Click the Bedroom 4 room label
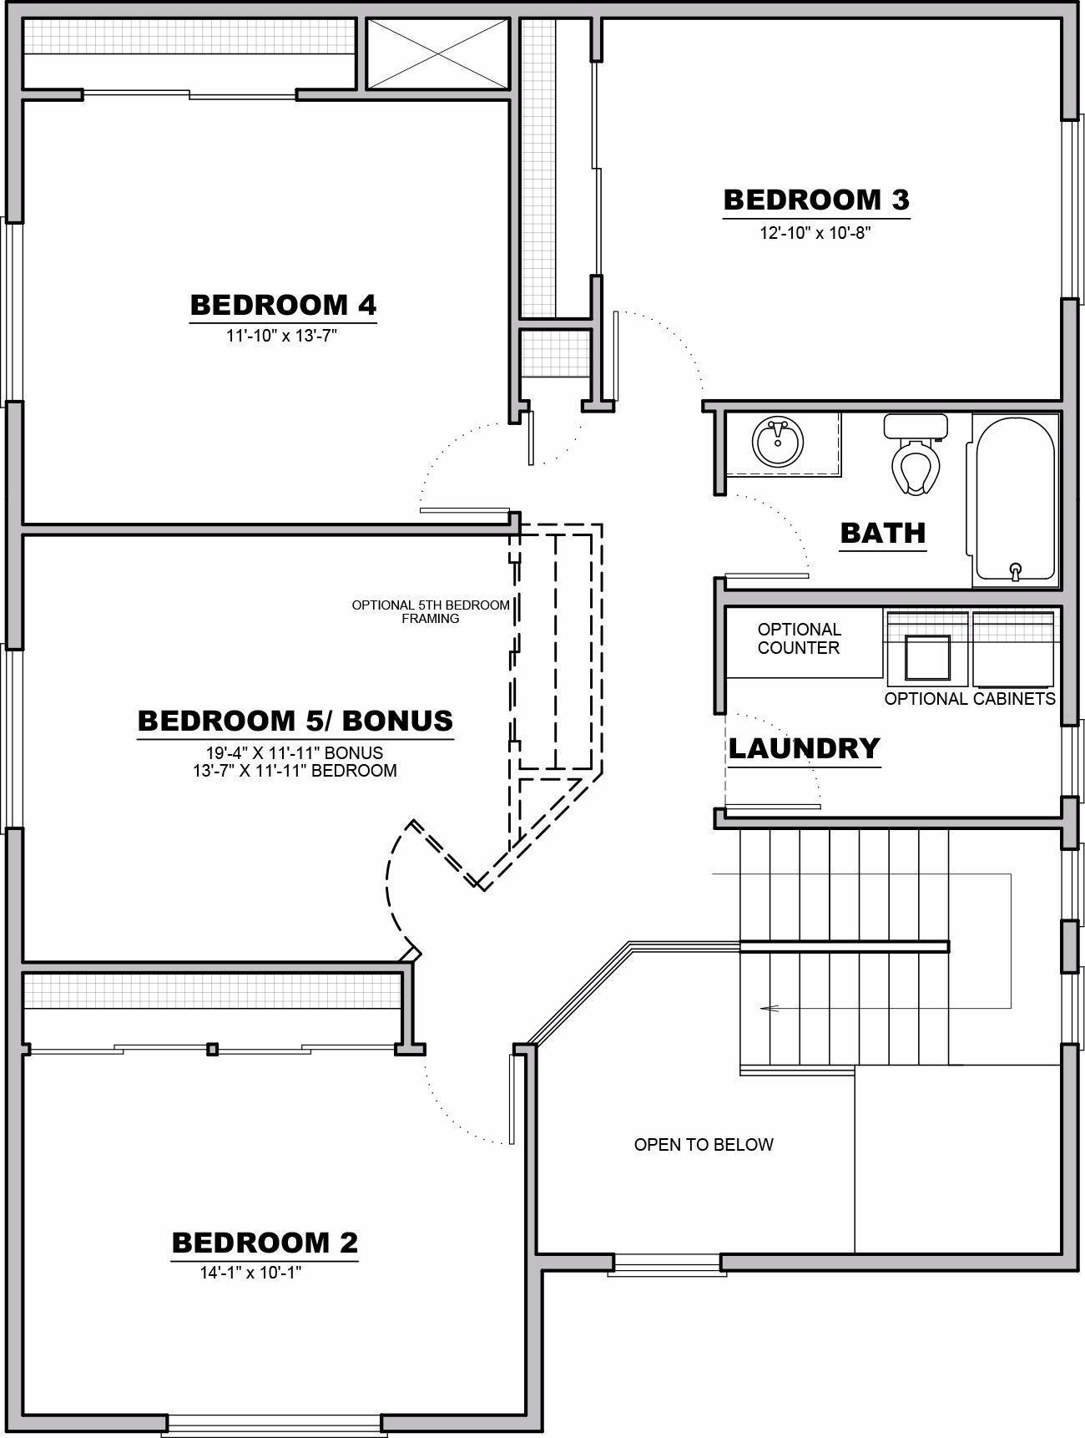(x=283, y=305)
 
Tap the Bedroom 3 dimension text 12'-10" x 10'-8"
(x=815, y=233)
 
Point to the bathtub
(x=1013, y=499)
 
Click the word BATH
(x=883, y=532)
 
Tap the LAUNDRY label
(x=804, y=748)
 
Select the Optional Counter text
(x=799, y=639)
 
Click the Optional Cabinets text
(x=970, y=699)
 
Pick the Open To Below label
(x=704, y=1145)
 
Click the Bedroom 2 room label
(x=265, y=1243)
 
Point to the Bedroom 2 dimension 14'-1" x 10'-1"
(x=250, y=1273)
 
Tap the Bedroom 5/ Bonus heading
(x=295, y=721)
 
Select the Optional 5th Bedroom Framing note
(x=431, y=611)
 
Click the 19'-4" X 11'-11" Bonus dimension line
(x=295, y=753)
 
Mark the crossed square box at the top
(x=437, y=53)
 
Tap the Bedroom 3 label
(x=815, y=200)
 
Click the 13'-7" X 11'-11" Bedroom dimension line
(x=295, y=771)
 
